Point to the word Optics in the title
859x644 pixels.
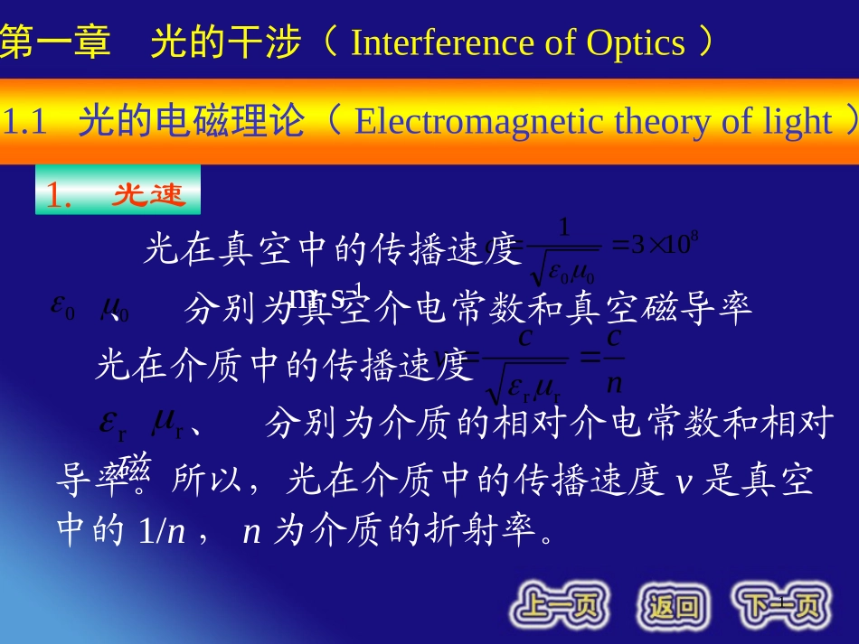[636, 42]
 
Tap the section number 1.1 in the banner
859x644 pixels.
[25, 121]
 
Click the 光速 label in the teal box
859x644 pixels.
[148, 195]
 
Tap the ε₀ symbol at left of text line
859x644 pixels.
[62, 308]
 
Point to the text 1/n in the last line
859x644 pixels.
[162, 532]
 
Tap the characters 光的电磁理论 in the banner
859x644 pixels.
[191, 121]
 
